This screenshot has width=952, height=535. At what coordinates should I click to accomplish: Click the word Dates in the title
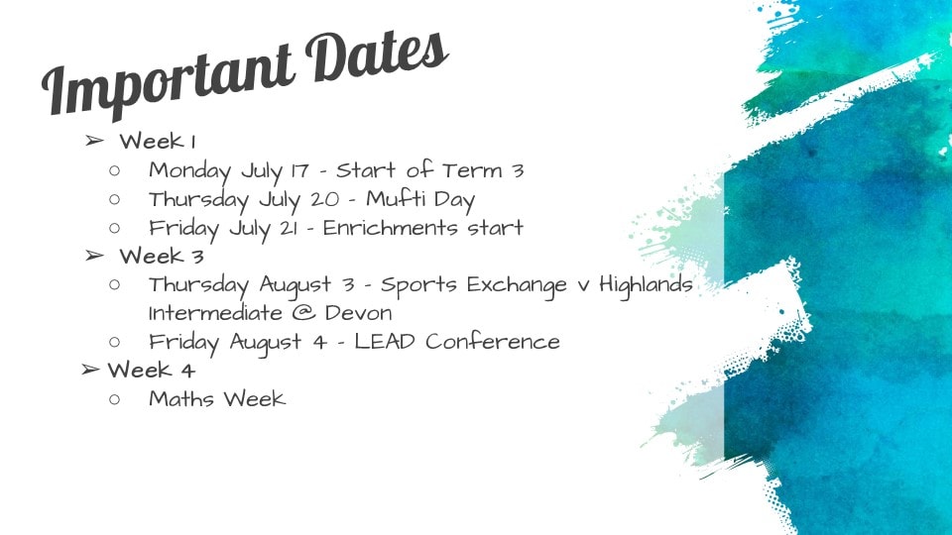[x=377, y=53]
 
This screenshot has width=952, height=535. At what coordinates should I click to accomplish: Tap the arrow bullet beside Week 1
[x=94, y=142]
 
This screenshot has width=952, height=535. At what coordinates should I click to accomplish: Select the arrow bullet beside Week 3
[x=94, y=256]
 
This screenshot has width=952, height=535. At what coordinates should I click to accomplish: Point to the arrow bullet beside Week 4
[x=90, y=369]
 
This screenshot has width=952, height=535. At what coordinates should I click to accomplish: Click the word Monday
[x=190, y=171]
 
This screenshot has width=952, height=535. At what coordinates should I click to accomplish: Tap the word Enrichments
[x=391, y=228]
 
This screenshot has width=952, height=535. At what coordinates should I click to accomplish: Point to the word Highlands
[x=646, y=285]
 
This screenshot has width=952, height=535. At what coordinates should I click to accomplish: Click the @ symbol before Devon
[x=303, y=313]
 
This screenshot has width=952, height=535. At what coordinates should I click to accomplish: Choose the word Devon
[x=358, y=313]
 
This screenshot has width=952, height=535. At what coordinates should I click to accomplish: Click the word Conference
[x=493, y=342]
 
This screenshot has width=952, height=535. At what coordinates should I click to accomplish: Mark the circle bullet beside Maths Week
[x=115, y=399]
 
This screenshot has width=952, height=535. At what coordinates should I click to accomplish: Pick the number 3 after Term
[x=518, y=171]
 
